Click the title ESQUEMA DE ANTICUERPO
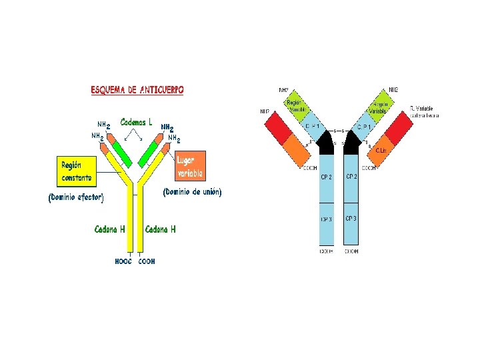tap(138, 89)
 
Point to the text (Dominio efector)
tap(76, 197)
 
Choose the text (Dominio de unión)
tap(192, 191)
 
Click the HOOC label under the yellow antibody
tap(124, 262)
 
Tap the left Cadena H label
tap(110, 229)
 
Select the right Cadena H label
tap(161, 229)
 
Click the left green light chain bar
tap(121, 153)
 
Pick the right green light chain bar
tap(155, 153)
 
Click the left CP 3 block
tap(327, 219)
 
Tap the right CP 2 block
tap(351, 177)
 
